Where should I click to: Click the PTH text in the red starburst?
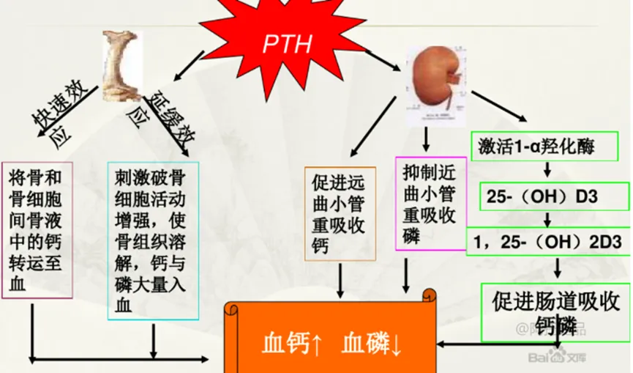(x=288, y=43)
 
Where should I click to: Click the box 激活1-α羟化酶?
(x=545, y=147)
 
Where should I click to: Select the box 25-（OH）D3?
(x=544, y=196)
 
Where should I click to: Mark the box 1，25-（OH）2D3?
(x=548, y=240)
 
